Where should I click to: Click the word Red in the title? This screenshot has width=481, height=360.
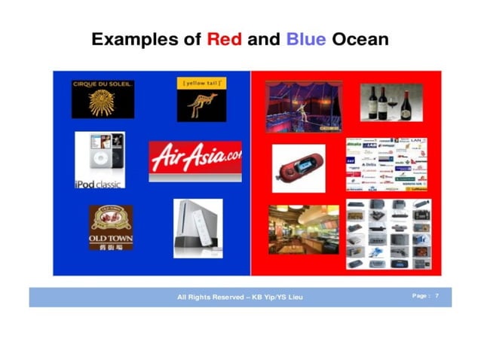point(225,39)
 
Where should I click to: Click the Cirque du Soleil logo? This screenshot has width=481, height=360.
point(103,99)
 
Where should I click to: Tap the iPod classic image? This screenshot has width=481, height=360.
point(100,160)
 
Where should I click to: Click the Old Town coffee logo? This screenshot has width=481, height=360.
point(111,227)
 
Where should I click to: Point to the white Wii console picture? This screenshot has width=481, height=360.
point(198,228)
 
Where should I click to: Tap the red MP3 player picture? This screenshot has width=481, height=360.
point(298,168)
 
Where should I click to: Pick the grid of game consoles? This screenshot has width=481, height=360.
point(388,234)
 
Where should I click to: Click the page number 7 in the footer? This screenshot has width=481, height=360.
point(437,297)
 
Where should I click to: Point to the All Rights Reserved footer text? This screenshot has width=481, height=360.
point(240,297)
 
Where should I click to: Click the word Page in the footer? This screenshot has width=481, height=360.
point(420,297)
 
